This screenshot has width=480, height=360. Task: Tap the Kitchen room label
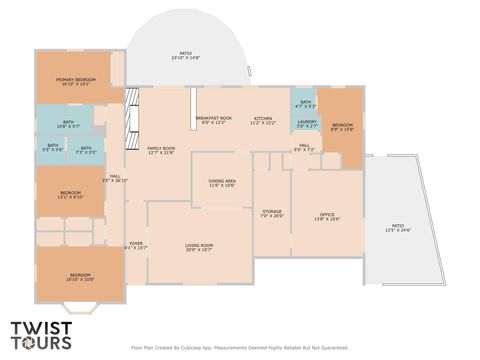click(263, 120)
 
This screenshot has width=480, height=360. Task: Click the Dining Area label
click(222, 183)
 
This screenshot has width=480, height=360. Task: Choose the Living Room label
click(199, 247)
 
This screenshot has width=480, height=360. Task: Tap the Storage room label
click(272, 213)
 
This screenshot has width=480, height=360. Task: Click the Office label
click(326, 216)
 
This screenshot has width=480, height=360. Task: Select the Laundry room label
click(306, 123)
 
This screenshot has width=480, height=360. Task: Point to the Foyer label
click(135, 245)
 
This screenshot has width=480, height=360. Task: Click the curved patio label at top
click(186, 57)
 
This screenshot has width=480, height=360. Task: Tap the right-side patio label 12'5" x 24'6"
click(398, 229)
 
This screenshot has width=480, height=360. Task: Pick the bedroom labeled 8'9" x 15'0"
click(342, 127)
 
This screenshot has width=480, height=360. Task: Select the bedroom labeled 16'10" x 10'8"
click(81, 277)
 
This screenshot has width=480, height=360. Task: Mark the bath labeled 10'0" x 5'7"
click(69, 125)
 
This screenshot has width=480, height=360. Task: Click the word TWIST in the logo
click(41, 327)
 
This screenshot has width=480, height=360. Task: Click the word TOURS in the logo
click(41, 344)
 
